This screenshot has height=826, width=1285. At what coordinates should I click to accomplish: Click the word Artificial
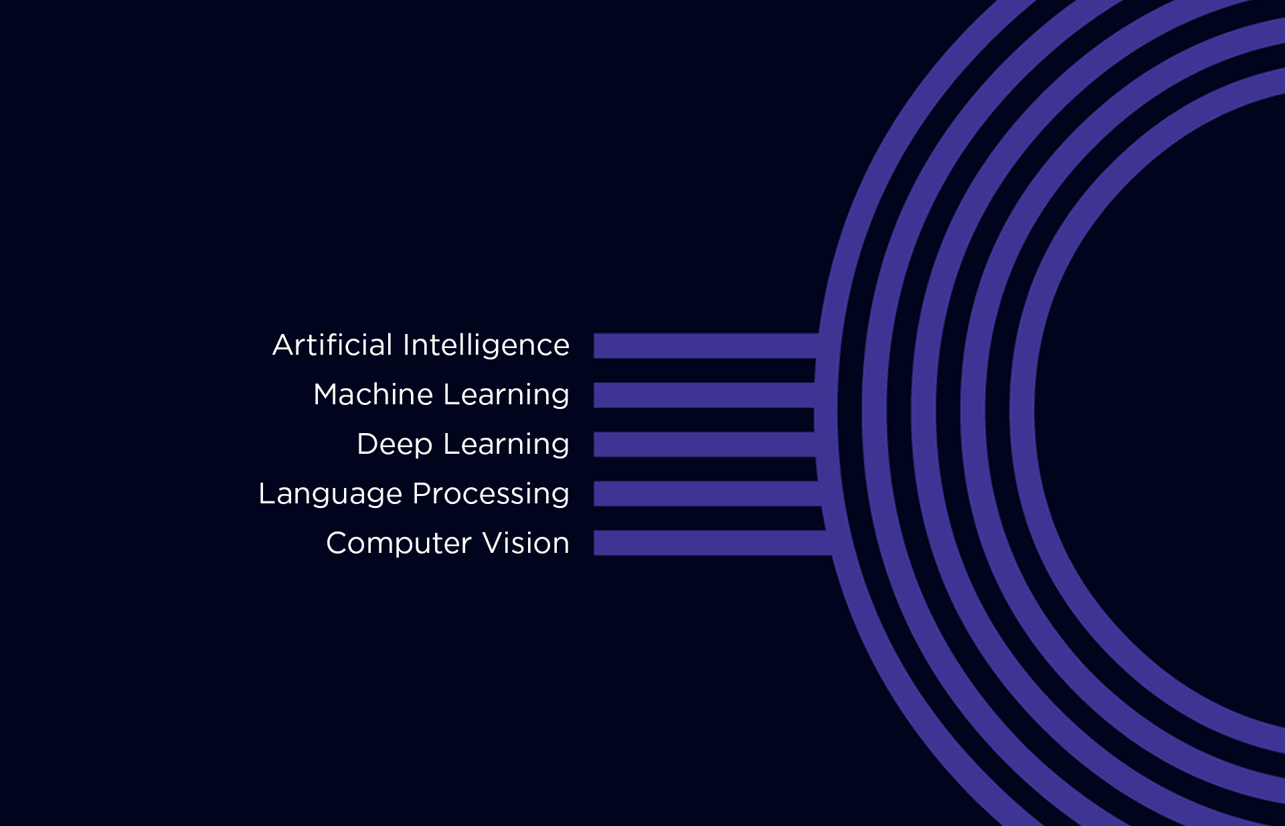coord(332,345)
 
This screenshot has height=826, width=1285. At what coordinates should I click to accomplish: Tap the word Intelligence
coord(486,345)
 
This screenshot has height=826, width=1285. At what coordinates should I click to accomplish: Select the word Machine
coord(373,395)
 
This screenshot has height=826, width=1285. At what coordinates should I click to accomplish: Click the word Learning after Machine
coord(506,395)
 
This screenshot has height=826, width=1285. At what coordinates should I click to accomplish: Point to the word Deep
coord(394,444)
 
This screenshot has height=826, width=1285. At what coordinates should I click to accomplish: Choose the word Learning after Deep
coord(506,444)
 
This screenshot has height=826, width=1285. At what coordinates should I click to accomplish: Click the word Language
coord(330,494)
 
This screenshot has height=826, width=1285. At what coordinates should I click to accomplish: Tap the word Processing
coord(491,494)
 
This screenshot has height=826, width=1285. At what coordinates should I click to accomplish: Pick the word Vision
coord(526,543)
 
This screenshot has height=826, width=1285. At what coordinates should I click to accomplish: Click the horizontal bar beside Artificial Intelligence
coord(703,345)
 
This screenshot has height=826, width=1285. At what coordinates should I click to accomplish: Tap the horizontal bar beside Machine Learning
coord(703,395)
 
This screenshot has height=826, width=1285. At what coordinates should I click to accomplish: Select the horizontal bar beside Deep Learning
coord(703,444)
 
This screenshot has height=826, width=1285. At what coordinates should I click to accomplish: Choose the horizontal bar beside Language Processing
coord(703,494)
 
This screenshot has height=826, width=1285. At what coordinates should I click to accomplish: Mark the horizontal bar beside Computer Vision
coord(703,543)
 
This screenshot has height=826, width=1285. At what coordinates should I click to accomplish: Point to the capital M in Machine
coord(327,395)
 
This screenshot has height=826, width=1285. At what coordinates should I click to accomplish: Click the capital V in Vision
coord(493,543)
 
